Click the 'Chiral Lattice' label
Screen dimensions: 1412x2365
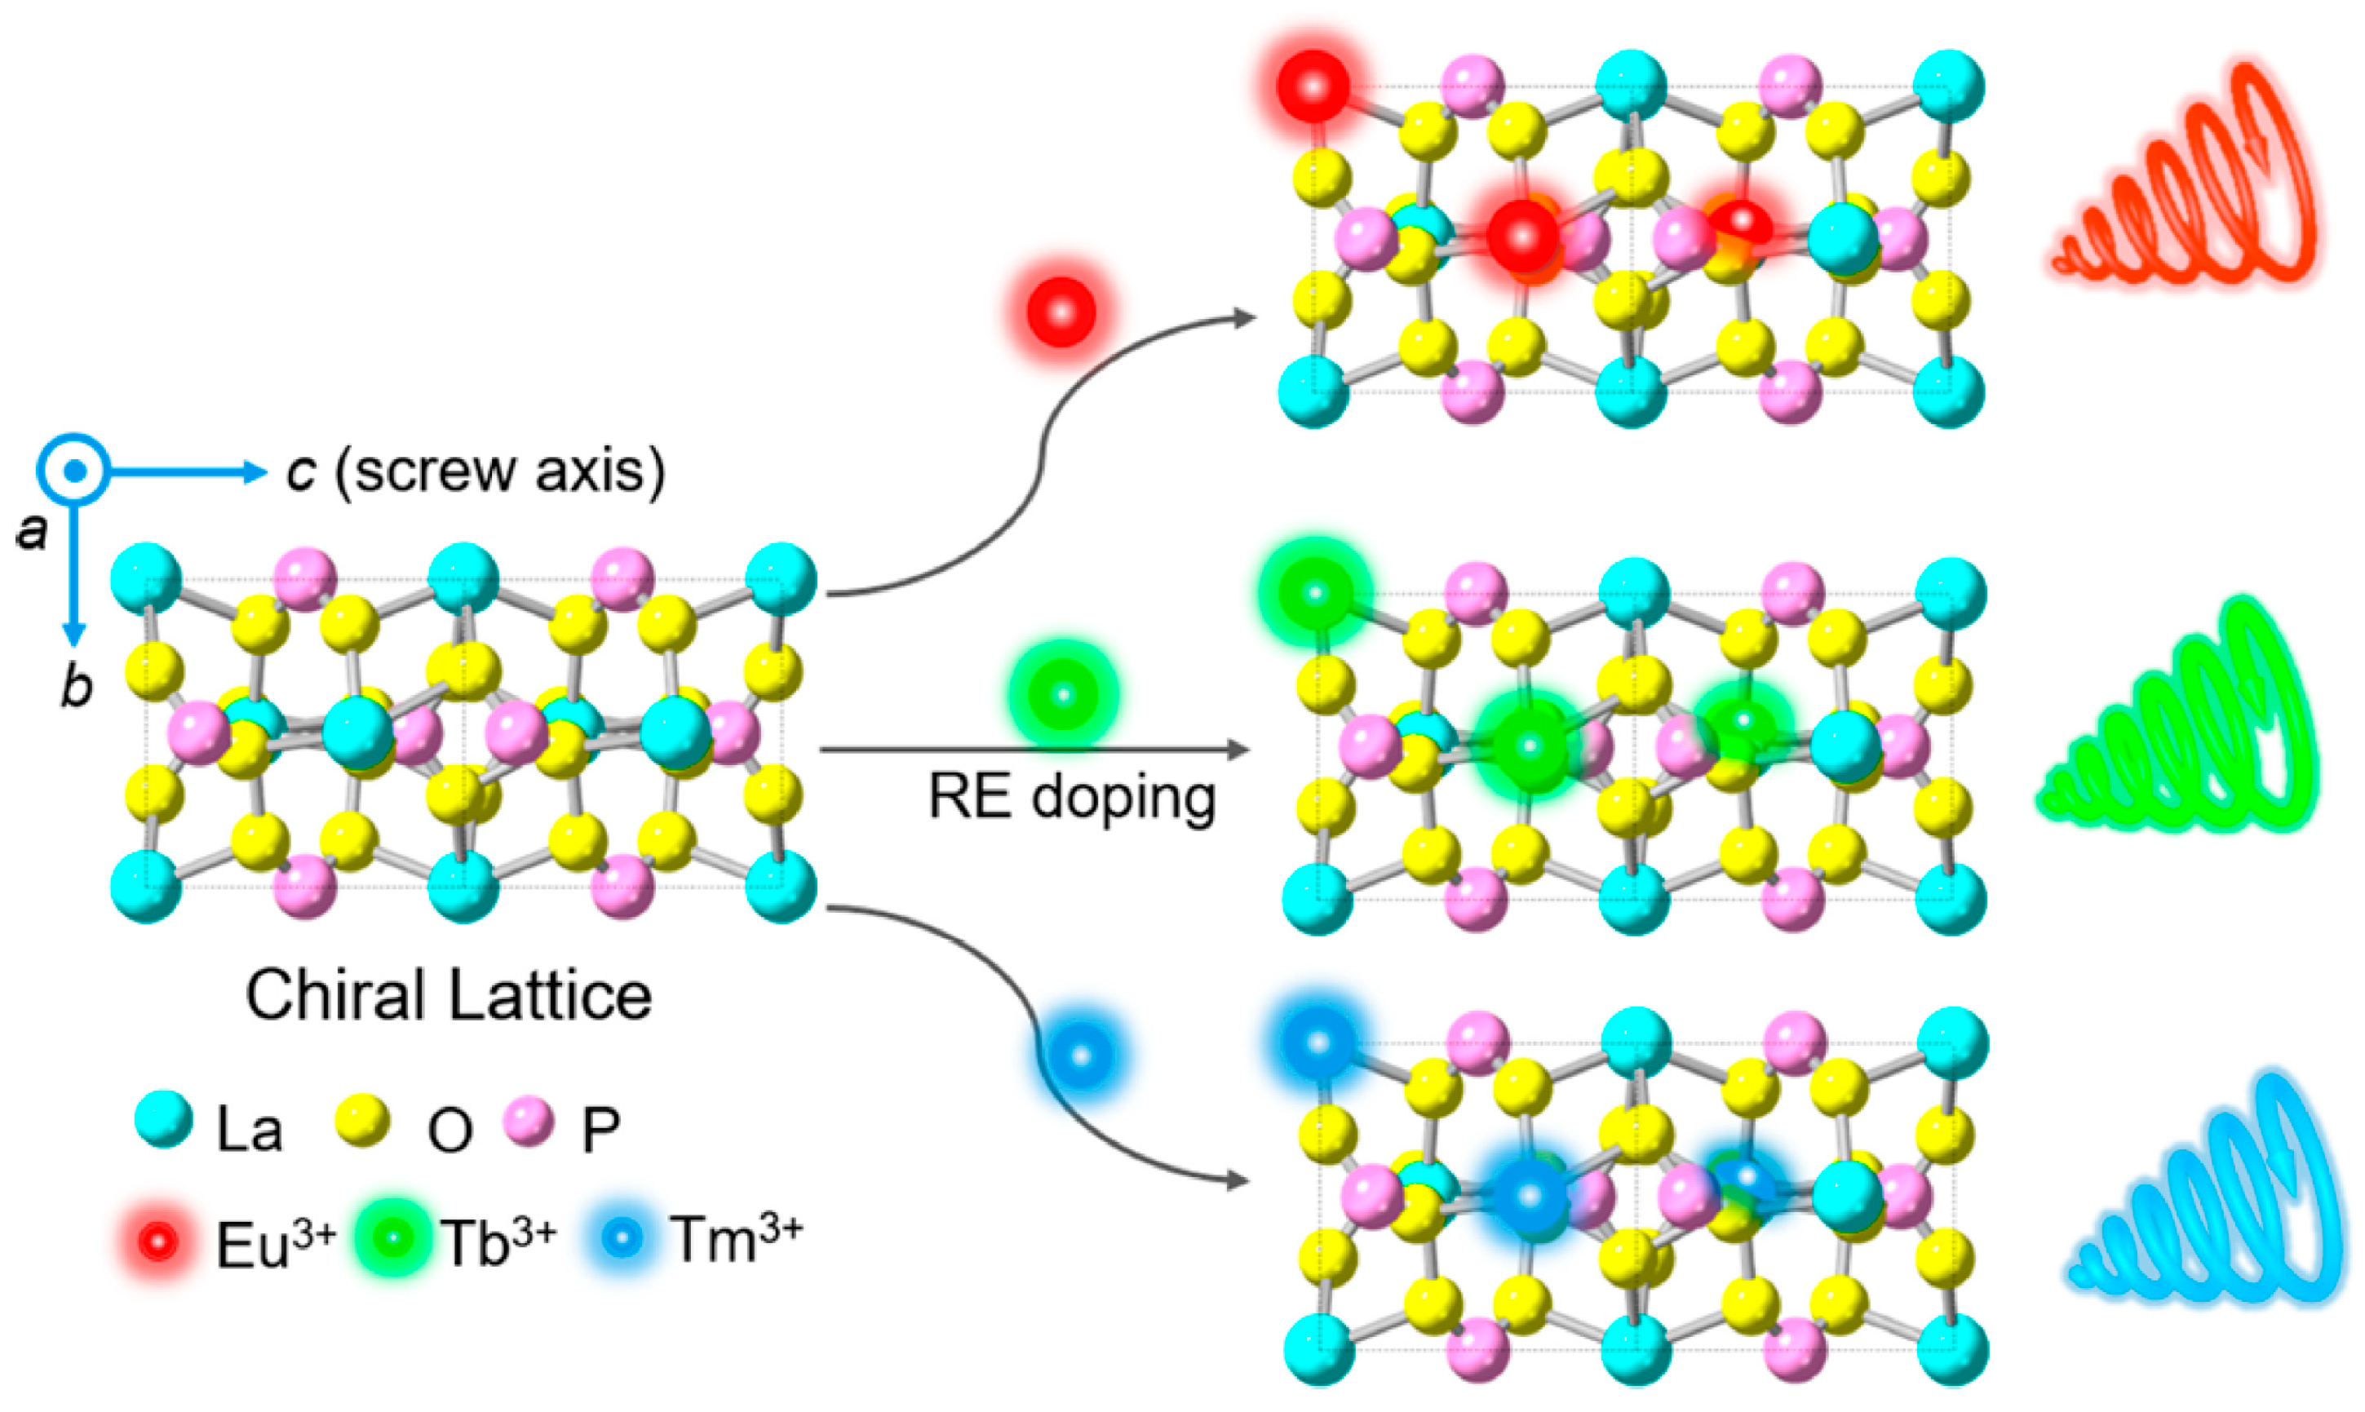(x=448, y=996)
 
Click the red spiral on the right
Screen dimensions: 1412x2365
(x=2188, y=181)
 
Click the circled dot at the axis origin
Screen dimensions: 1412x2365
(x=74, y=470)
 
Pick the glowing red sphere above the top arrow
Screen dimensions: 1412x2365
(x=1061, y=311)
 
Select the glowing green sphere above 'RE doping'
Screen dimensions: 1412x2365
(x=1063, y=693)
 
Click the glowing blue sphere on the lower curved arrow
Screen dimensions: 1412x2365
(x=1081, y=1056)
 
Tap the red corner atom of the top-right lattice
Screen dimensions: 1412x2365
(x=1313, y=86)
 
